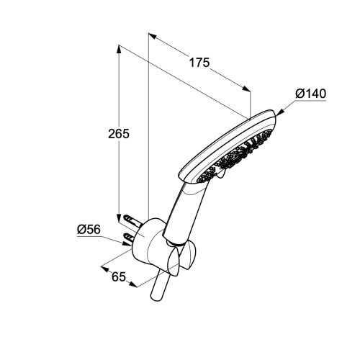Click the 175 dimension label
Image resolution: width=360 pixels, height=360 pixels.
pyautogui.click(x=199, y=63)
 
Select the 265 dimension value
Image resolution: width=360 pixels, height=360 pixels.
pyautogui.click(x=119, y=134)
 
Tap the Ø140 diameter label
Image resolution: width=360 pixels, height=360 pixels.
pyautogui.click(x=311, y=94)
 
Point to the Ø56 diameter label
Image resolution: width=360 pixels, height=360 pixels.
pyautogui.click(x=89, y=230)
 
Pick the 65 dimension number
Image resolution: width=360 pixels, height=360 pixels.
pyautogui.click(x=119, y=277)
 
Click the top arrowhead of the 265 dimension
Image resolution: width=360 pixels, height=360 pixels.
pyautogui.click(x=119, y=49)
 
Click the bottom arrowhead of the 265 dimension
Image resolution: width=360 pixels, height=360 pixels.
pyautogui.click(x=119, y=218)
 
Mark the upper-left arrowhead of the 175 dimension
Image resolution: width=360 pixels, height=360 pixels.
pyautogui.click(x=153, y=36)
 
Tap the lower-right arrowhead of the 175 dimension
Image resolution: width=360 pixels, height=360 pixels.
pyautogui.click(x=246, y=89)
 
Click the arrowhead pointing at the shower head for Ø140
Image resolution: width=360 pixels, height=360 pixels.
pyautogui.click(x=280, y=112)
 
